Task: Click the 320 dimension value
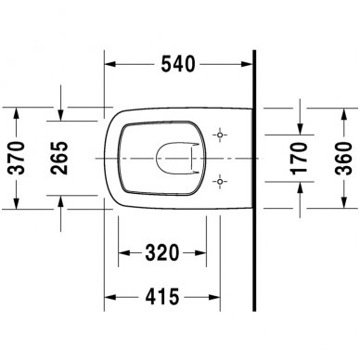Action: pyautogui.click(x=161, y=252)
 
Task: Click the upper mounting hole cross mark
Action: pyautogui.click(x=219, y=135)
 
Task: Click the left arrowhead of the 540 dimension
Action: pyautogui.click(x=107, y=65)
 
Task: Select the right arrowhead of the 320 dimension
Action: pyautogui.click(x=204, y=253)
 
